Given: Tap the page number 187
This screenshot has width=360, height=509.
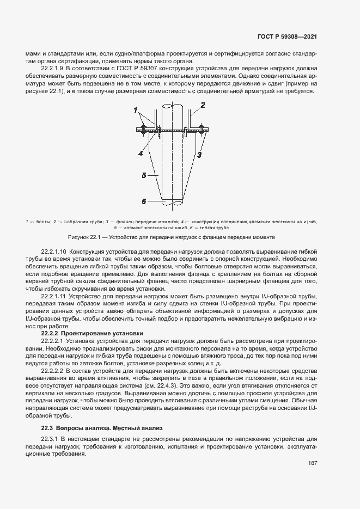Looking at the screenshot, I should (x=312, y=463).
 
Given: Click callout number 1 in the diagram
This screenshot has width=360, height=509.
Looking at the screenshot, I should (x=135, y=111).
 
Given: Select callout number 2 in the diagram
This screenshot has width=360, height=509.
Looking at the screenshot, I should (x=203, y=105).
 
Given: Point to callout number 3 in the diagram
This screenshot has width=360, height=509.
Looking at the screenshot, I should (x=199, y=155).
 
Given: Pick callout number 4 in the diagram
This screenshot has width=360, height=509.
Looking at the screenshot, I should (x=140, y=154).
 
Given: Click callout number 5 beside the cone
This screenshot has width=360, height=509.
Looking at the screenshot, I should (x=144, y=176).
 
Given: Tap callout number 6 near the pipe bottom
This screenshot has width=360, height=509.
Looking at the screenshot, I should (x=144, y=201).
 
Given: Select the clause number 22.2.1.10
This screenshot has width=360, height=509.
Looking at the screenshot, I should (x=55, y=252).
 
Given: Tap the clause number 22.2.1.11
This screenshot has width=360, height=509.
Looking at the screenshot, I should (x=54, y=295).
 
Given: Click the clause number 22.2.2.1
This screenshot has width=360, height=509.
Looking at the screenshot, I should (x=53, y=341).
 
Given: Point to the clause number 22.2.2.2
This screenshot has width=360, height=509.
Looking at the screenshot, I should (x=53, y=370).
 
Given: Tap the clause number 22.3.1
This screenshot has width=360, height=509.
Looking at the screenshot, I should (x=50, y=424).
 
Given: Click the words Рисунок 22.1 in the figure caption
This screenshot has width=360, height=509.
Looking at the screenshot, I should (x=83, y=238).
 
